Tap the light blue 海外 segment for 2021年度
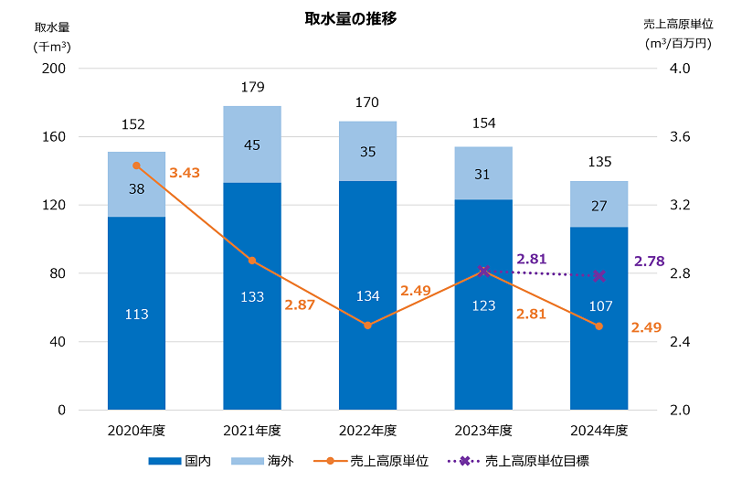252,144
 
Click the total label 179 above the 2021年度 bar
252,88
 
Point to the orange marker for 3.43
136,166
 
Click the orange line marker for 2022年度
367,326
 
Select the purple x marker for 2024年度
599,276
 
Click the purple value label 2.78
649,262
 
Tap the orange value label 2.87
300,305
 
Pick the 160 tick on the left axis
54,137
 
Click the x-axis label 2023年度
483,431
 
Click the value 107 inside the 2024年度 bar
599,305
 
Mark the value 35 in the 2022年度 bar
367,152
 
